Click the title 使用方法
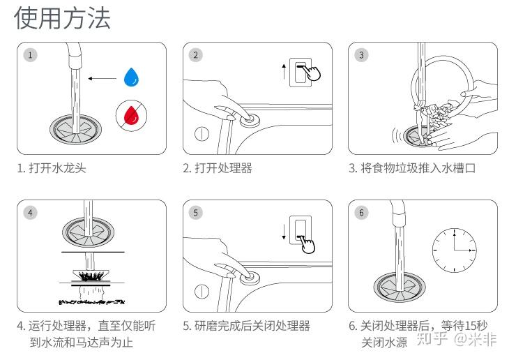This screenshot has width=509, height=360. click(62, 19)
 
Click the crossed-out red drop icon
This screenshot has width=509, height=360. click(130, 114)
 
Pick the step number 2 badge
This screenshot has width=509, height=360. click(196, 55)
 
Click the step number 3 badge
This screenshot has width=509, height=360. click(361, 55)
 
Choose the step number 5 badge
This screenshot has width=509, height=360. click(196, 213)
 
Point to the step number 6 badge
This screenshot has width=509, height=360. click(361, 213)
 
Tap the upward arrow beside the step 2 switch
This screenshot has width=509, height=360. click(283, 71)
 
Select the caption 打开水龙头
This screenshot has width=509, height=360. click(52, 168)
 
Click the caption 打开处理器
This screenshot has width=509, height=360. click(218, 168)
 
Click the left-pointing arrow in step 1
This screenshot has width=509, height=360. click(102, 78)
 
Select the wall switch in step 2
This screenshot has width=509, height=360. click(301, 70)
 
